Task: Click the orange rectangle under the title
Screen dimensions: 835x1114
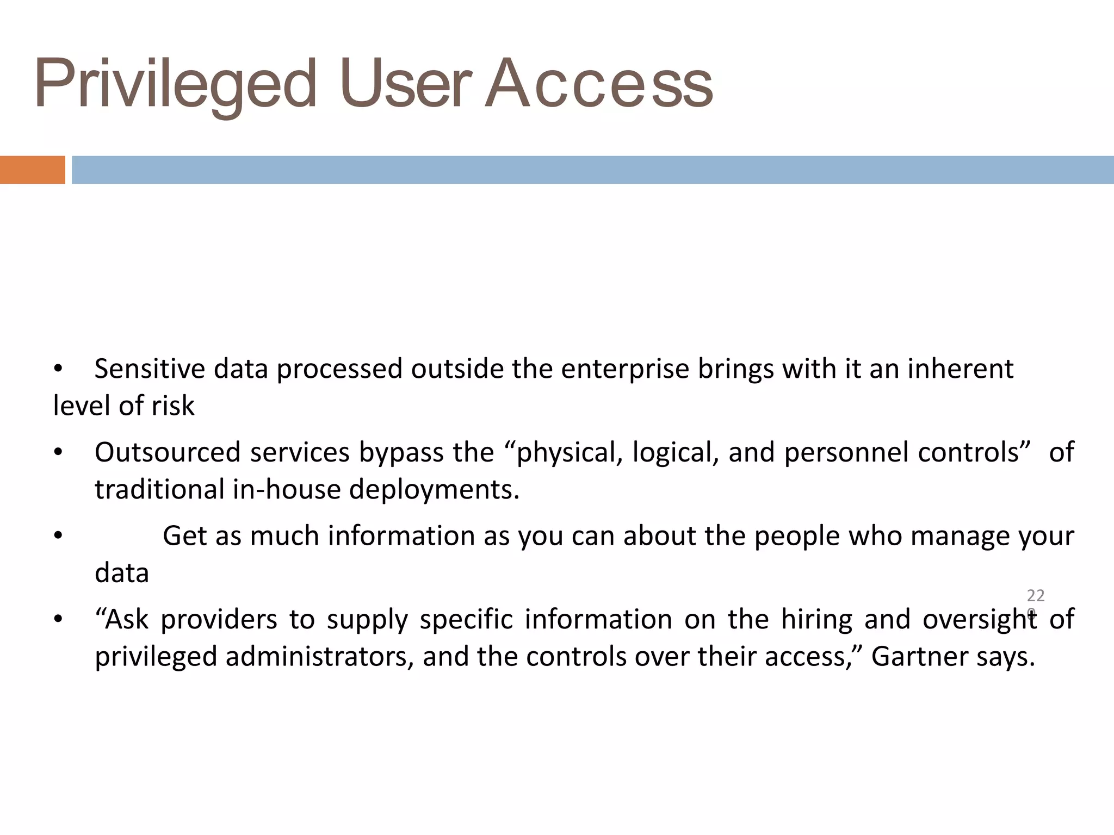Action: coord(32,170)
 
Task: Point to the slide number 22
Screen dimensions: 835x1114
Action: coord(1036,596)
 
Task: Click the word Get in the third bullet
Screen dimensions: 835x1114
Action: coord(184,537)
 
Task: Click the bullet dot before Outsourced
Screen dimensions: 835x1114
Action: coord(59,453)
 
